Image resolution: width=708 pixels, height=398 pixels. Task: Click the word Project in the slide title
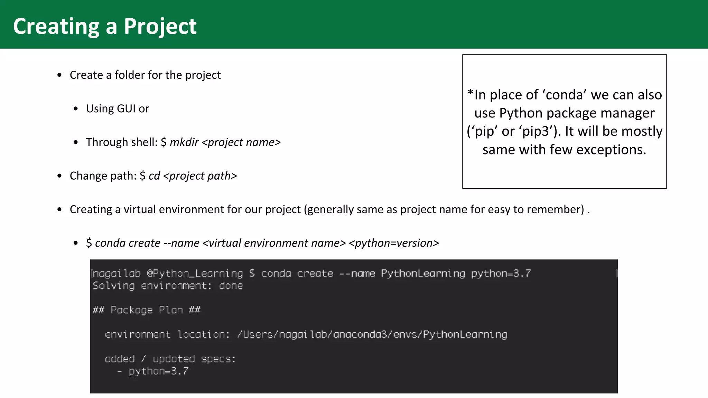(160, 26)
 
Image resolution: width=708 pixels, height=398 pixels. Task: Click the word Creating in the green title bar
(56, 26)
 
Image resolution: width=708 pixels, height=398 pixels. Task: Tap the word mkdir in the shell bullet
(184, 142)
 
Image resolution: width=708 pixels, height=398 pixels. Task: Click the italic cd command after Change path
(154, 176)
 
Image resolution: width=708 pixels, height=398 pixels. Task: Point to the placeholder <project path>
(200, 176)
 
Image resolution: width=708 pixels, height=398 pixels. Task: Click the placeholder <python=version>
(394, 243)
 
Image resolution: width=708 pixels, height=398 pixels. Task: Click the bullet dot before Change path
(59, 176)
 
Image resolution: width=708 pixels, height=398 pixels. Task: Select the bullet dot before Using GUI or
(76, 109)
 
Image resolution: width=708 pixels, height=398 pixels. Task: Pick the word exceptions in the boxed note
(611, 150)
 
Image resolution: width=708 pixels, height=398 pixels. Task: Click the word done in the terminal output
(231, 286)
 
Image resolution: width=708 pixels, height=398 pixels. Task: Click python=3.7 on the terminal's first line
(501, 273)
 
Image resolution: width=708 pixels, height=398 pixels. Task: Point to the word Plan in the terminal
(170, 310)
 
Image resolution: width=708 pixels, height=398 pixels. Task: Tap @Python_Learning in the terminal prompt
(195, 273)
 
